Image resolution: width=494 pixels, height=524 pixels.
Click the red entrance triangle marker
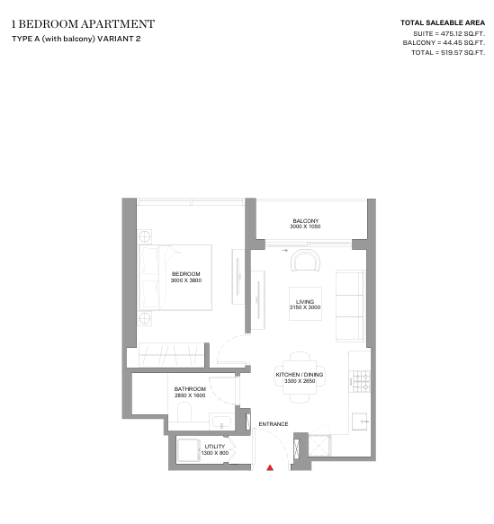pyautogui.click(x=270, y=468)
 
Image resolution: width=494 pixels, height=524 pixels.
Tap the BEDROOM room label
pyautogui.click(x=186, y=274)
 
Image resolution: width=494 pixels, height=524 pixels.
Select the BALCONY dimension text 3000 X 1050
pyautogui.click(x=305, y=226)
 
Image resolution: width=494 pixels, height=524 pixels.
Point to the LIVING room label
pyautogui.click(x=305, y=301)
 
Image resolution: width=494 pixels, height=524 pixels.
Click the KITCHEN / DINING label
pyautogui.click(x=300, y=375)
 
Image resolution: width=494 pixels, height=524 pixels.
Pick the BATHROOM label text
pyautogui.click(x=190, y=389)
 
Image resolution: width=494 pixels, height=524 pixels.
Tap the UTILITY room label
pyautogui.click(x=215, y=447)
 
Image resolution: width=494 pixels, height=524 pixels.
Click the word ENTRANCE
pyautogui.click(x=274, y=424)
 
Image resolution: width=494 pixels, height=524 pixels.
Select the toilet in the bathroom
pyautogui.click(x=184, y=412)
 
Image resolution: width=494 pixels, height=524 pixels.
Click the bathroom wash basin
pyautogui.click(x=221, y=422)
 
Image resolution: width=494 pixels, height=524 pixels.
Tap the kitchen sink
pyautogui.click(x=360, y=422)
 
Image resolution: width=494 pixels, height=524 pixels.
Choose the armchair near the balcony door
pyautogui.click(x=305, y=261)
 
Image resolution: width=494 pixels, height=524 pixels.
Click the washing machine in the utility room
pyautogui.click(x=189, y=450)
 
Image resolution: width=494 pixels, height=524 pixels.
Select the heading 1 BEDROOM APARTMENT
pyautogui.click(x=83, y=24)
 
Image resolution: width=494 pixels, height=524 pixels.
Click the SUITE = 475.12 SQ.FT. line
pyautogui.click(x=449, y=34)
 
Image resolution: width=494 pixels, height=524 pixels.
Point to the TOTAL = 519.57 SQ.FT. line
pyautogui.click(x=448, y=52)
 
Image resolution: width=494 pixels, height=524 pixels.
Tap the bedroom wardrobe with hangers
pyautogui.click(x=172, y=355)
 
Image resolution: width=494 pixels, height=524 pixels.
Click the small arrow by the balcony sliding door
pyautogui.click(x=285, y=250)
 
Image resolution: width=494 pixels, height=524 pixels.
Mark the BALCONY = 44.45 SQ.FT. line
pyautogui.click(x=444, y=43)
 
